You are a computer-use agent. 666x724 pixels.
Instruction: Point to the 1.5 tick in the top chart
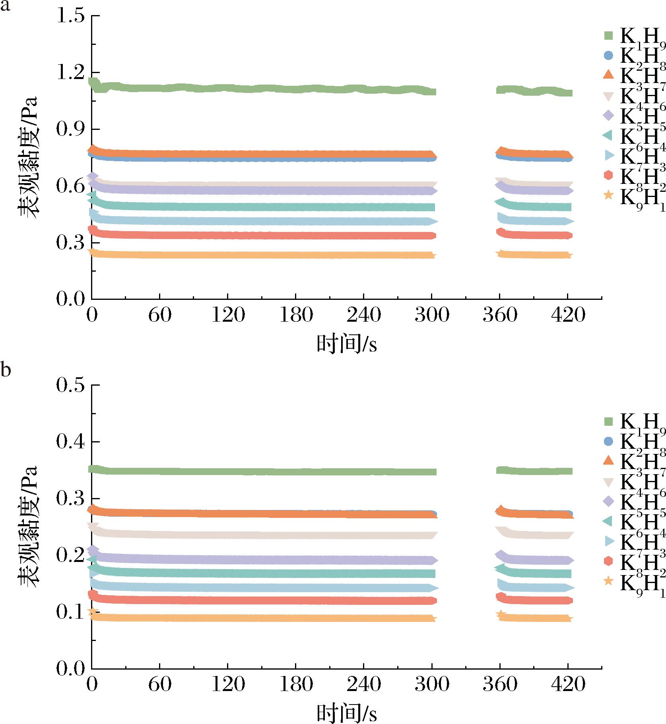click(70, 16)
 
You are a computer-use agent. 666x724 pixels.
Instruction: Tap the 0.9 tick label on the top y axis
click(70, 129)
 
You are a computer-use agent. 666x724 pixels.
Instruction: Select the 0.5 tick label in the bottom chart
click(70, 385)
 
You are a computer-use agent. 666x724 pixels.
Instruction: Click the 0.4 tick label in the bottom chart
click(70, 442)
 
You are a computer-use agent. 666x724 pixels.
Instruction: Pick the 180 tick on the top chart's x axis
click(295, 315)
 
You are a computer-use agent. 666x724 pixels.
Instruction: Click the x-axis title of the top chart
click(346, 344)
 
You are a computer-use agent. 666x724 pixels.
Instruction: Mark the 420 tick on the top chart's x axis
click(568, 315)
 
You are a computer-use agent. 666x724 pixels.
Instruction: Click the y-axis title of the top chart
click(28, 157)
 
